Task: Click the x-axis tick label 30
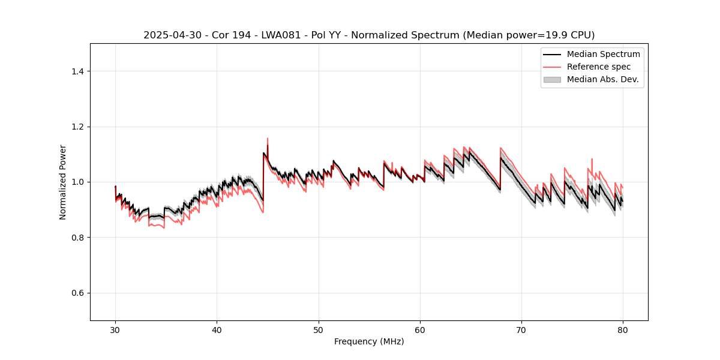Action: tap(115, 329)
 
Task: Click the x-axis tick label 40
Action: tap(217, 329)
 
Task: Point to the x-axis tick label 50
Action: tap(319, 329)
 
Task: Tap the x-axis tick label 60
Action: tap(420, 329)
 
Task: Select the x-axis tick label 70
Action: tap(521, 329)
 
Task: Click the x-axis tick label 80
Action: tap(623, 329)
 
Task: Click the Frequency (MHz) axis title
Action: tap(369, 341)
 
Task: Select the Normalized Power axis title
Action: tap(63, 182)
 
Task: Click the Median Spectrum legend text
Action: tap(603, 54)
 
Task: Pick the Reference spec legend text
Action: tap(599, 67)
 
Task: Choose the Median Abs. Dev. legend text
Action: tap(602, 79)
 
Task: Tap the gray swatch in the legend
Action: tap(552, 79)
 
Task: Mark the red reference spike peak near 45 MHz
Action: tap(268, 139)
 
